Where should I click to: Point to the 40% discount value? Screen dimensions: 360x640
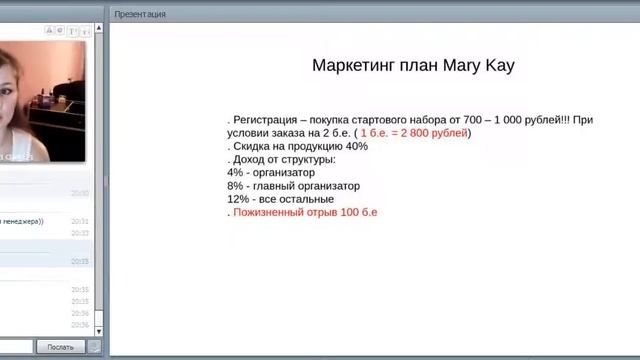(356, 146)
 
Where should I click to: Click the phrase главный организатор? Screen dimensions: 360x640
(310, 186)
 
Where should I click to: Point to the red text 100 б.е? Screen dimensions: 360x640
(357, 212)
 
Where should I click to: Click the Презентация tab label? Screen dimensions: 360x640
(141, 14)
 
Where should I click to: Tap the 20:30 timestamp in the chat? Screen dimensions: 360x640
(80, 193)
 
